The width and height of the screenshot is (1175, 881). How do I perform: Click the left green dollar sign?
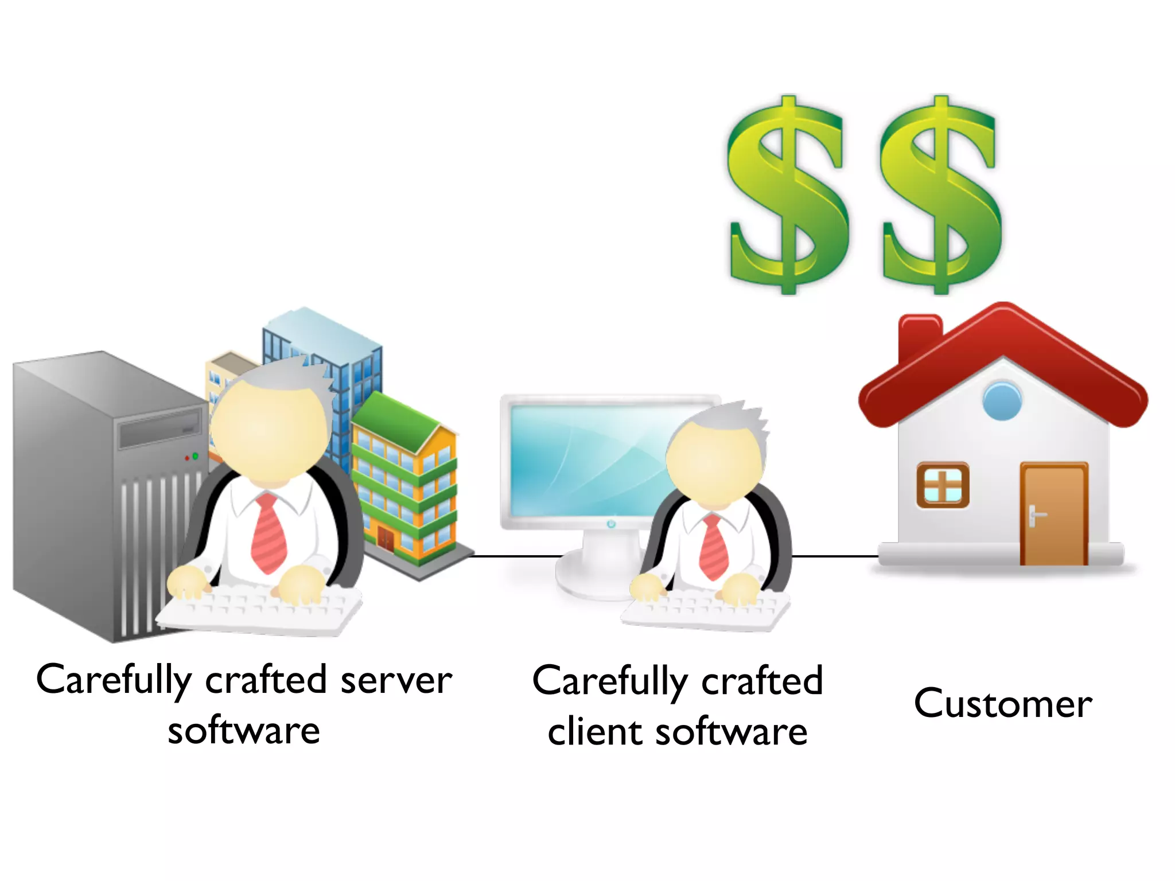(x=787, y=195)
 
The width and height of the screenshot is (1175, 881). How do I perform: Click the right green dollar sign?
(x=941, y=195)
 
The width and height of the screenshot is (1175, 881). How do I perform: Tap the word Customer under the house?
(x=1003, y=703)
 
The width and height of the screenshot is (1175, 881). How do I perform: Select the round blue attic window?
(x=1002, y=400)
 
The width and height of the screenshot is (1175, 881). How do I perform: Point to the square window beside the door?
(x=943, y=485)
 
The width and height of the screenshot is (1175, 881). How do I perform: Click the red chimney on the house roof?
(x=920, y=336)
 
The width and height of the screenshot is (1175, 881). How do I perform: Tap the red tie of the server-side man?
(x=269, y=533)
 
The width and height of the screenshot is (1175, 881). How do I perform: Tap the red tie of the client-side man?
(x=714, y=548)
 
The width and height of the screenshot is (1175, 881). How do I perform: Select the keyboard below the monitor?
(x=706, y=611)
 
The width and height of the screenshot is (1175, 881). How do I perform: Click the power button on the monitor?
(x=611, y=524)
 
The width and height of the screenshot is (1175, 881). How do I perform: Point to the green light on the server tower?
(x=195, y=456)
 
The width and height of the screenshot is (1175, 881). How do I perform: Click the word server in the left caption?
(x=396, y=681)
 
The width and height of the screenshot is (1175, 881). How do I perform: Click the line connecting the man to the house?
(x=835, y=556)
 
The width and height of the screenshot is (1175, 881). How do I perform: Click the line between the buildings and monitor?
(x=516, y=556)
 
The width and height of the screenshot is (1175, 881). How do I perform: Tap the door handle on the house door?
(x=1033, y=514)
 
